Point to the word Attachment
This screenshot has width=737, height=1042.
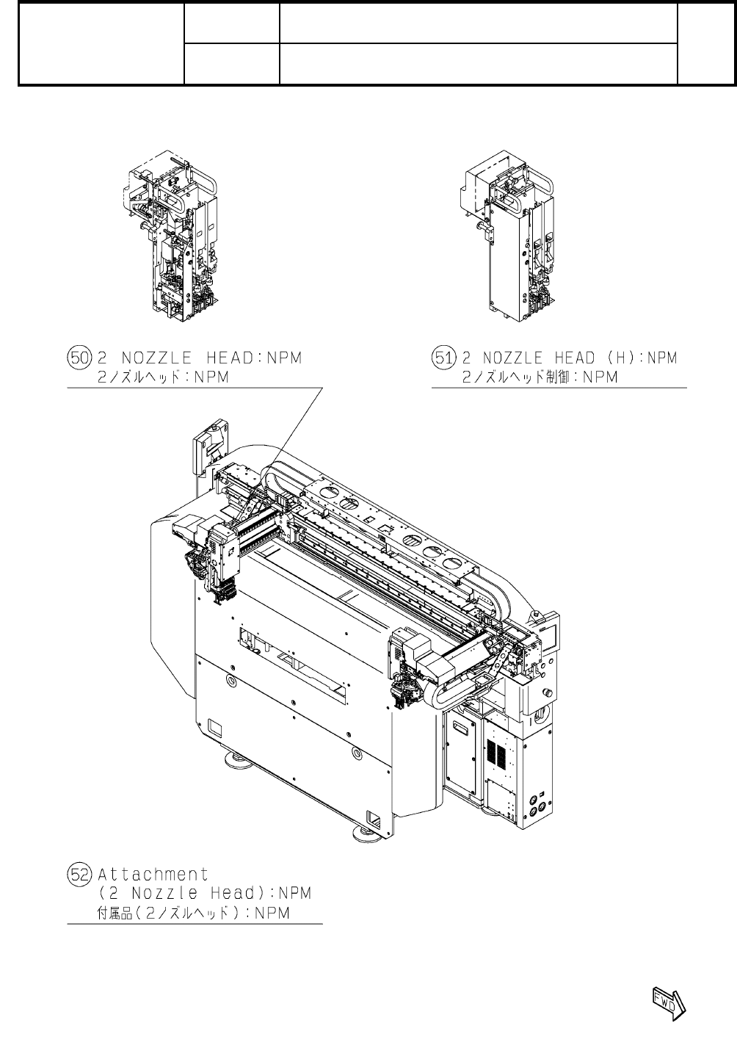[153, 875]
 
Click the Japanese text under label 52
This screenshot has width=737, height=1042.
[194, 913]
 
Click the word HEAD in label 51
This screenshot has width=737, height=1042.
[569, 358]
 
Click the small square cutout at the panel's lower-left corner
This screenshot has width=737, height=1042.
[214, 728]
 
